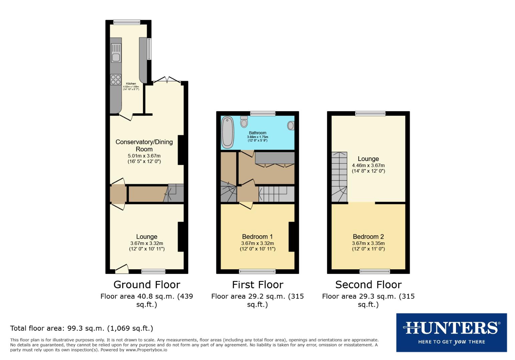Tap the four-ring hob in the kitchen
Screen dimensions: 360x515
coord(116,80)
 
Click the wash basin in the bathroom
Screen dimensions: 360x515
coord(291,126)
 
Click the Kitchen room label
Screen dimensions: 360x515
coord(131,84)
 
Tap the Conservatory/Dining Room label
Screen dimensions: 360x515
coord(144,146)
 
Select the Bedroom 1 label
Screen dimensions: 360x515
coord(257,237)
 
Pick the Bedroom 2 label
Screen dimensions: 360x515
coord(368,237)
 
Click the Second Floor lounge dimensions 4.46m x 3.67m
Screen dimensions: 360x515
coord(368,165)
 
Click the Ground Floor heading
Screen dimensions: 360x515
coord(147,285)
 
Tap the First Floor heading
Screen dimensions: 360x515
coord(257,285)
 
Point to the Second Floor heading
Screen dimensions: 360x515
coord(368,285)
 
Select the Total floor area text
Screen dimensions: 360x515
coord(82,328)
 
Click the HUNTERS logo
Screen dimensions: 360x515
coord(451,332)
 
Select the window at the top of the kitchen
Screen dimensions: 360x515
coord(127,23)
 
